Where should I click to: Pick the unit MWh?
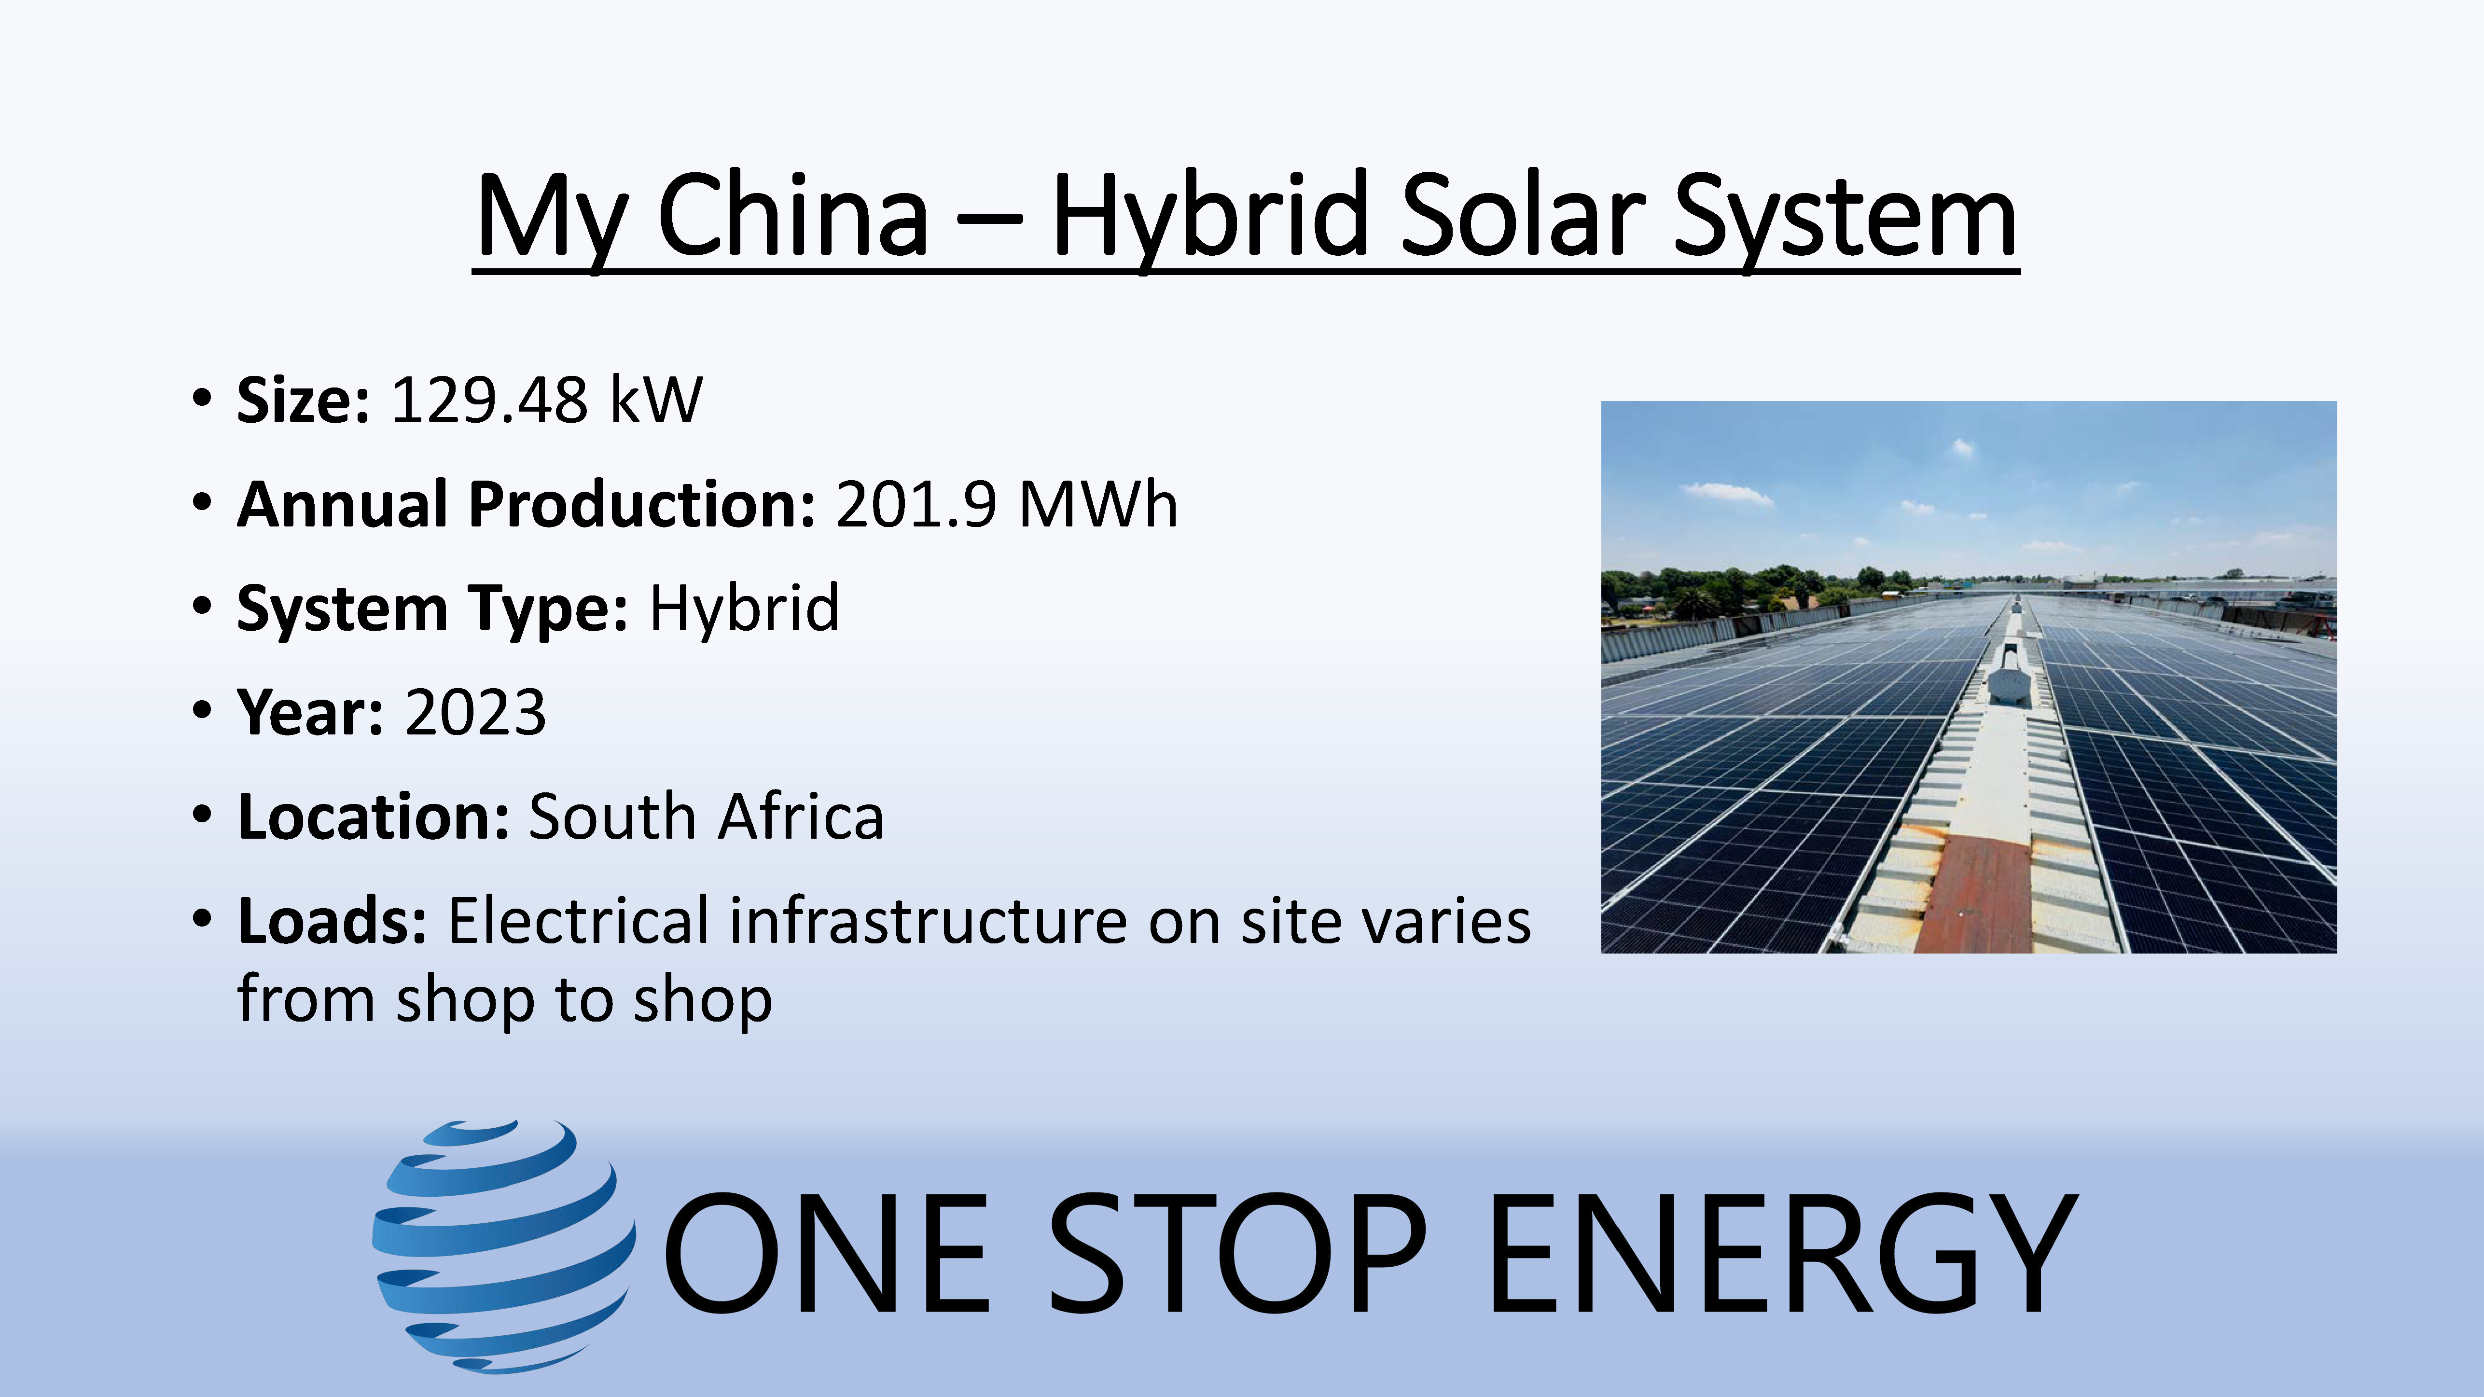(1097, 504)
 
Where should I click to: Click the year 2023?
(474, 712)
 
